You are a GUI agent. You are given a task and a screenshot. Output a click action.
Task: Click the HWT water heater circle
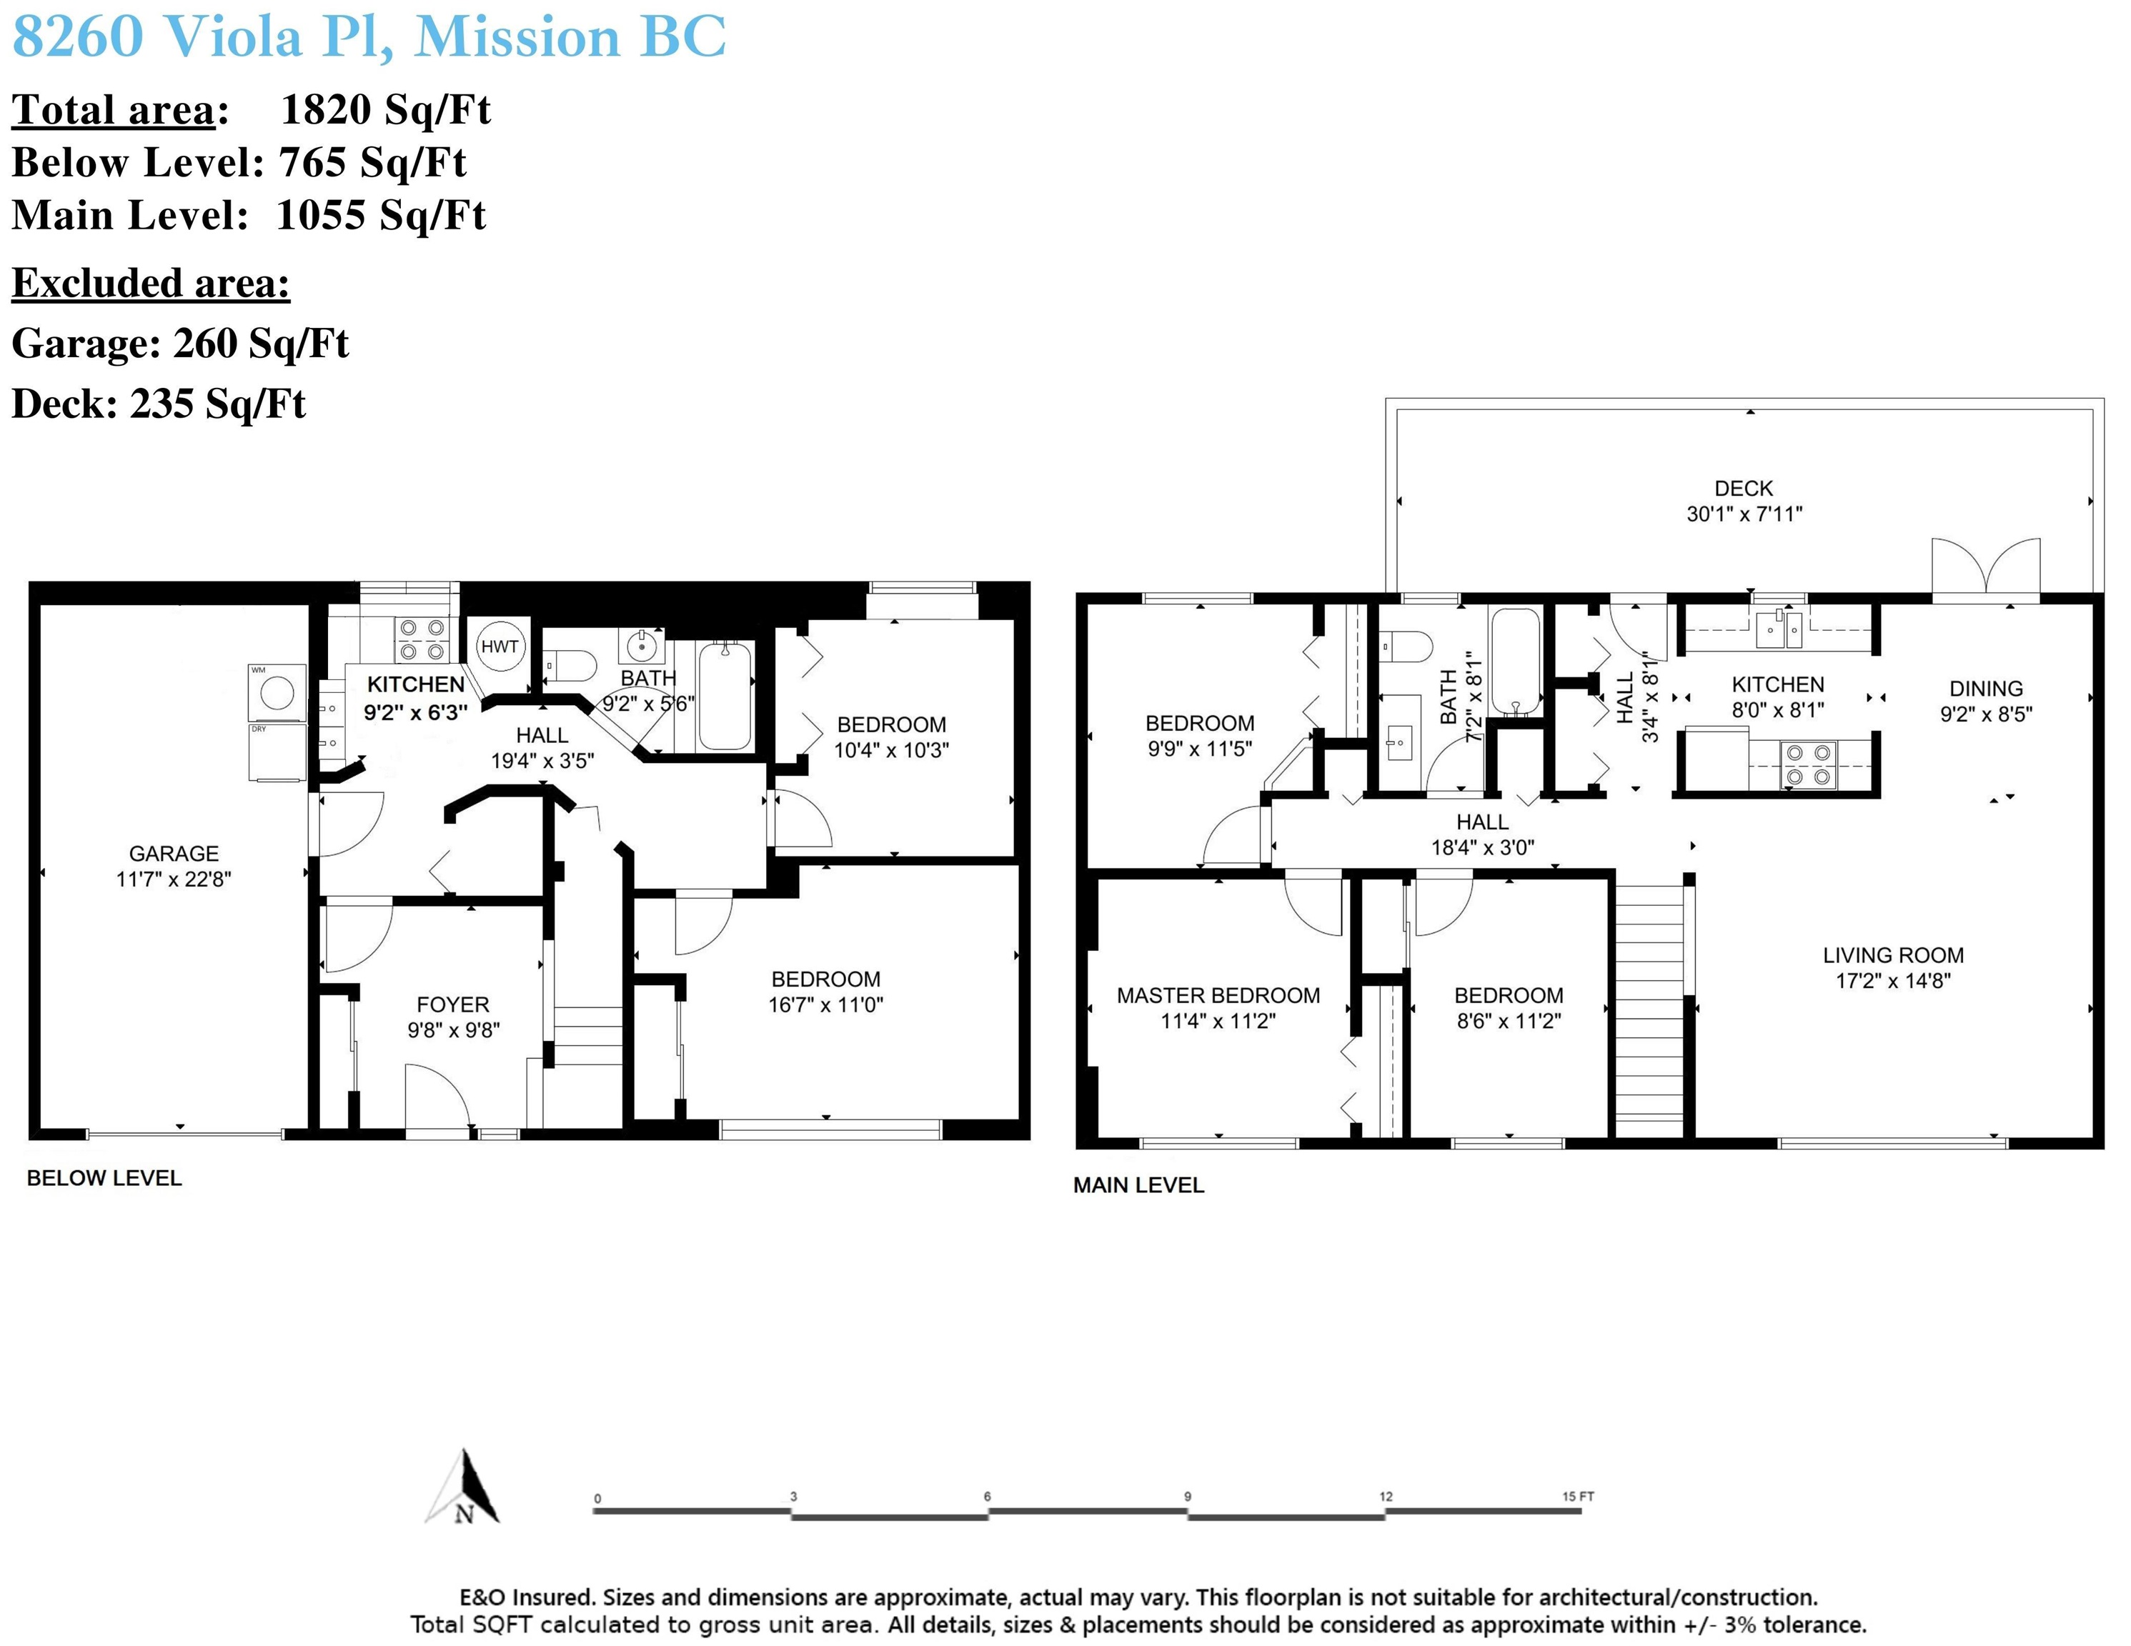pos(500,646)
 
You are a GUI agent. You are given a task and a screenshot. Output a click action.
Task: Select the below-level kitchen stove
pos(422,640)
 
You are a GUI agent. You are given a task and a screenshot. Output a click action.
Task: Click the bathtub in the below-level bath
pos(727,694)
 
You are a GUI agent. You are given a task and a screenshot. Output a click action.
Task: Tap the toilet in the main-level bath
pos(1405,646)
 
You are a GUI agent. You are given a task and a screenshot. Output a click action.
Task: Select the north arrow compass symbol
pos(464,1487)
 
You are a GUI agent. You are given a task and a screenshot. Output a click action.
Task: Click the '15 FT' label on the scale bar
pos(1578,1496)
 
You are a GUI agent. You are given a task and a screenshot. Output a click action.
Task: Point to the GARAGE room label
pos(174,854)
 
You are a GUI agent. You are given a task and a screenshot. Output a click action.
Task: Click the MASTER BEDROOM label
pos(1218,995)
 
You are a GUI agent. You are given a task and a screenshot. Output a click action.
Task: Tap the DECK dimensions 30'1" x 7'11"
pos(1744,514)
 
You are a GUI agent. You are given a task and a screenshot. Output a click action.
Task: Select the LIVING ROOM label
pos(1893,955)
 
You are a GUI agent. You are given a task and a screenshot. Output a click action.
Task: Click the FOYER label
pos(453,1005)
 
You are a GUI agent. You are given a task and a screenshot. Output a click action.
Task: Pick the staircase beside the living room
pos(1649,1010)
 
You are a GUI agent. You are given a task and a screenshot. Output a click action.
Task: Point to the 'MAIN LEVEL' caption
pos(1138,1185)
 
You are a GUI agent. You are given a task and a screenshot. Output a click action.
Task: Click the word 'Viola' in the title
pos(230,37)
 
